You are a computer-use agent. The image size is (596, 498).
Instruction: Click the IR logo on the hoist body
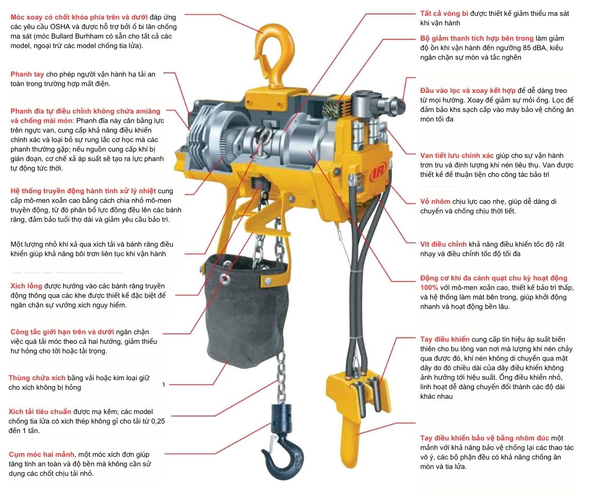[x=376, y=172]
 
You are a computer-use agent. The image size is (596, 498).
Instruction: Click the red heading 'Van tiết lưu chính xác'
[x=457, y=156]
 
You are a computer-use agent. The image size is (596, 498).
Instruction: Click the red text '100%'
[x=429, y=288]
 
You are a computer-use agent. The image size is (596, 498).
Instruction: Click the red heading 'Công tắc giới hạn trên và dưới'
[x=62, y=332]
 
